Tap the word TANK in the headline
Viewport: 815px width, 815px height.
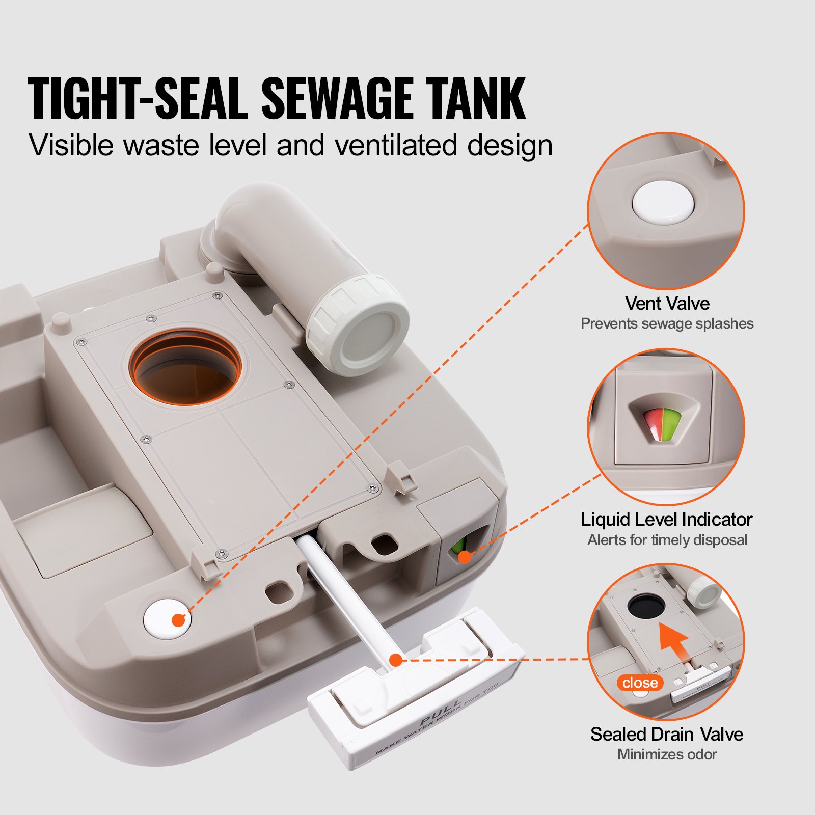475,99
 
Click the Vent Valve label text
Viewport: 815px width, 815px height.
667,303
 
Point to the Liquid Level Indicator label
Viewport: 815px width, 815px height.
666,519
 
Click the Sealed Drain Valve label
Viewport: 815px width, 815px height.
666,734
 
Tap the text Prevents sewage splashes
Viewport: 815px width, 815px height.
667,323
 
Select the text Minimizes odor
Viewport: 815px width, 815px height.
666,754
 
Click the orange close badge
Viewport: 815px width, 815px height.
640,683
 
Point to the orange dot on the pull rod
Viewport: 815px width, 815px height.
396,660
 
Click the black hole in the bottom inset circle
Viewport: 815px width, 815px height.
646,606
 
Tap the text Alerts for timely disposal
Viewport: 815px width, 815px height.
667,540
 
